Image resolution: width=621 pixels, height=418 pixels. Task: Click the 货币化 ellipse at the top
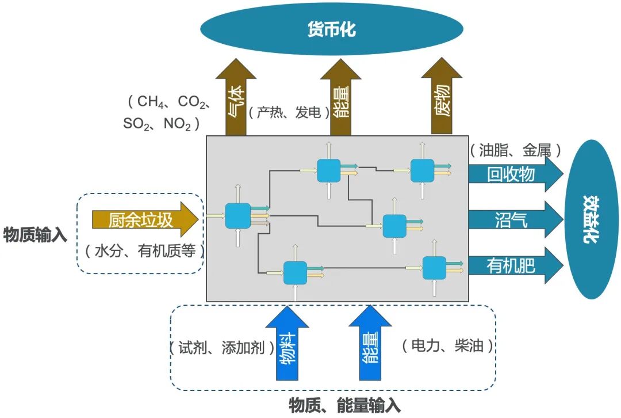pos(331,29)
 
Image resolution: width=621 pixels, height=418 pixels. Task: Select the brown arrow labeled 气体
pos(235,101)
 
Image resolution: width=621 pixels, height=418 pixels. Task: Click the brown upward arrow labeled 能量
pos(340,101)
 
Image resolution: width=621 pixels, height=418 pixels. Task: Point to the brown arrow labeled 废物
pos(442,101)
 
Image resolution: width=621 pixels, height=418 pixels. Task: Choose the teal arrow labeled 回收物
pos(512,174)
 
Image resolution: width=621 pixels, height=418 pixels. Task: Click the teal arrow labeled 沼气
pos(512,219)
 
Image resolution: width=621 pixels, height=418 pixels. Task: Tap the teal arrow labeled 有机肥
pos(512,265)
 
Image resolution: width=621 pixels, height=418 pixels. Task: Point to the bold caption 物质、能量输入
pos(344,405)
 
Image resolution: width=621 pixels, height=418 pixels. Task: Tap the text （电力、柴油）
pos(448,345)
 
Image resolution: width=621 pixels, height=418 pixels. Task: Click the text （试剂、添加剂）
pos(221,348)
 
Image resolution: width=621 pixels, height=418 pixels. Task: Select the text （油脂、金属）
pos(515,151)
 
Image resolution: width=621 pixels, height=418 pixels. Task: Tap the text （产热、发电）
pos(289,113)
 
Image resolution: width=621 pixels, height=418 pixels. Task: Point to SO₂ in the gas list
pos(136,124)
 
